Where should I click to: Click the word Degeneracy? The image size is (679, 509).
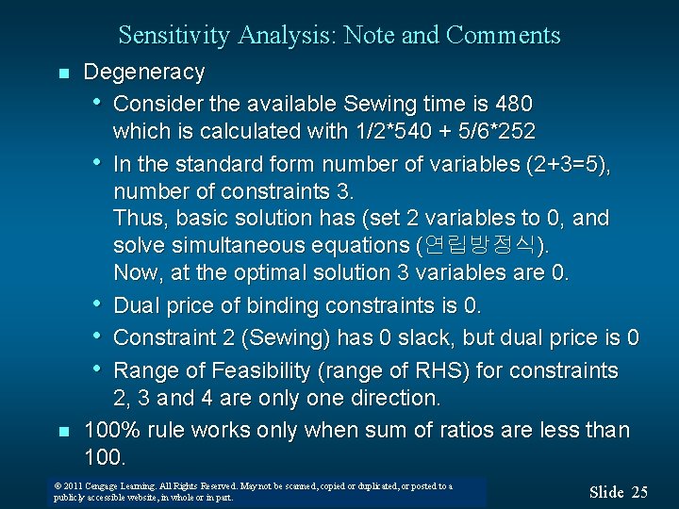pos(143,72)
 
